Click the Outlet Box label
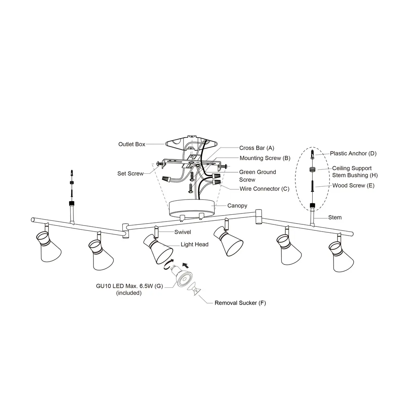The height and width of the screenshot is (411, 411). (132, 144)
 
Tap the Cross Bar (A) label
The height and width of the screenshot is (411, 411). (256, 148)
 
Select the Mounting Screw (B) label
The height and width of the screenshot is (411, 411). (265, 158)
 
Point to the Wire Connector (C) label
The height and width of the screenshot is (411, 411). (264, 189)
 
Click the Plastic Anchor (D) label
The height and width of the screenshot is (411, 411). (353, 153)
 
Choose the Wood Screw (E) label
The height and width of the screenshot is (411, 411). (354, 185)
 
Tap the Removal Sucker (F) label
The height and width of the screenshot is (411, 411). (240, 303)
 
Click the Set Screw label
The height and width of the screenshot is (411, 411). (130, 174)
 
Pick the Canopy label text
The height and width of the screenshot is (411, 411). (237, 206)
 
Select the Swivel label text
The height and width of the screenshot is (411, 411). (183, 232)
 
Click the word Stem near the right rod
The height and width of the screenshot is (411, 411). (335, 218)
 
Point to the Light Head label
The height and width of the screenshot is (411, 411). (194, 244)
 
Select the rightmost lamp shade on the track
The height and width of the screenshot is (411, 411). (342, 258)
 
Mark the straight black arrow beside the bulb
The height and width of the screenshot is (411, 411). (185, 265)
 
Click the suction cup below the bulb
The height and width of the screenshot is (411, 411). (195, 289)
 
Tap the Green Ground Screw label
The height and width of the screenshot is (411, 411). (258, 176)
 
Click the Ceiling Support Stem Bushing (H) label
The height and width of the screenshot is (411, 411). (355, 172)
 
